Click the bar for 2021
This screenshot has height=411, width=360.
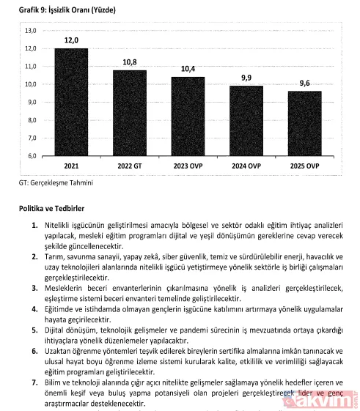(71, 103)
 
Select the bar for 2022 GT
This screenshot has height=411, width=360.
(129, 113)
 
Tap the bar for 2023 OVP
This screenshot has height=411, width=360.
(188, 116)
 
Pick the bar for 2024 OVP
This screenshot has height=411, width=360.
(246, 121)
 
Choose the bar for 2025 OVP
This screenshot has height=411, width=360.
(304, 124)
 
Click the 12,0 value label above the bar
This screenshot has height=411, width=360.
(71, 41)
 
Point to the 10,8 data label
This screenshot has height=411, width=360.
(129, 62)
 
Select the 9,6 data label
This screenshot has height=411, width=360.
(304, 84)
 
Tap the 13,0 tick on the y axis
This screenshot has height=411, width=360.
(31, 31)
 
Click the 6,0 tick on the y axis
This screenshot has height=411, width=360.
(32, 156)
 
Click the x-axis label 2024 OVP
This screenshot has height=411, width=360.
(246, 166)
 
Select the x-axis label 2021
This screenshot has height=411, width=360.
(71, 166)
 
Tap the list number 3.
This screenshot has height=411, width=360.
(34, 289)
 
